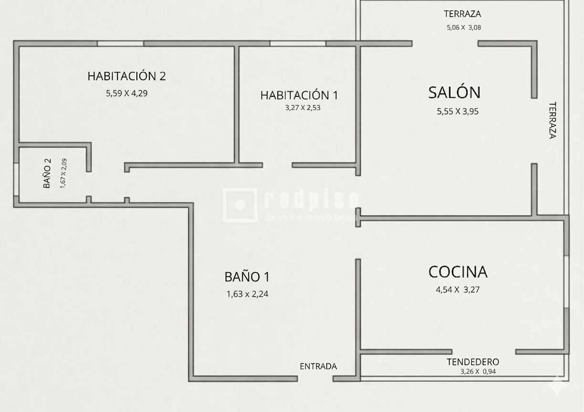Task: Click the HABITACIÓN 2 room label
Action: pos(126,76)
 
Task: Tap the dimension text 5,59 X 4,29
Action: pos(126,93)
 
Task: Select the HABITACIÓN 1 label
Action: pos(299,95)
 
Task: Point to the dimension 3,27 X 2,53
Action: pos(302,108)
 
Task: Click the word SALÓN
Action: pos(454,92)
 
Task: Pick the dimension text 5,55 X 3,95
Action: pos(458,112)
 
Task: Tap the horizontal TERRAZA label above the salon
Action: pos(462,14)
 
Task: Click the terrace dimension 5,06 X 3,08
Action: pos(464,27)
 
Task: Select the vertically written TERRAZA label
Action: pos(553,120)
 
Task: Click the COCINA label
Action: pos(458,272)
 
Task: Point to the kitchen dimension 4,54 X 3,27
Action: pos(458,289)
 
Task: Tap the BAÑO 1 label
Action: pos(247,277)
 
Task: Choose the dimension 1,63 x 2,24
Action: pos(248,294)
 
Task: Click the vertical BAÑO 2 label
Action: pos(47,173)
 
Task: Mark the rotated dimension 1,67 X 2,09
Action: pos(63,173)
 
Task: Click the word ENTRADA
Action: pos(318,366)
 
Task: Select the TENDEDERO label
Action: pos(473,362)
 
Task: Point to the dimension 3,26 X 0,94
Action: pos(478,371)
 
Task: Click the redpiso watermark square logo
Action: pos(240,205)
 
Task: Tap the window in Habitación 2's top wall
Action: pos(120,43)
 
